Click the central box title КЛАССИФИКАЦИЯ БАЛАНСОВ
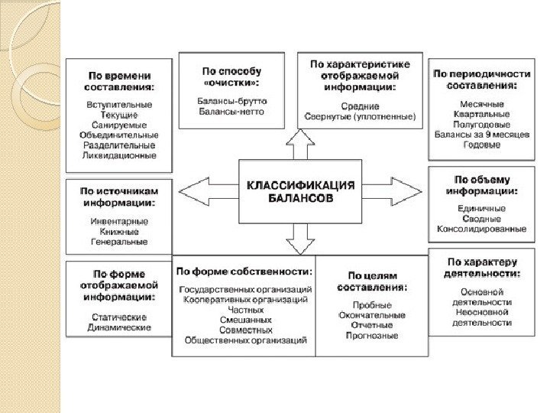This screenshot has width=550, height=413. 300,190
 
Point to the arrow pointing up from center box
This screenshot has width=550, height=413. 299,143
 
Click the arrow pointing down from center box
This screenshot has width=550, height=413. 300,237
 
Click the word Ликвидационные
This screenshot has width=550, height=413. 118,155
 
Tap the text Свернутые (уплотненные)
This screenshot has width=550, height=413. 360,117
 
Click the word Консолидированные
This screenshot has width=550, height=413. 481,229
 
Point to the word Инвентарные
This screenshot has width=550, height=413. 119,221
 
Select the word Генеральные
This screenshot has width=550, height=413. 119,241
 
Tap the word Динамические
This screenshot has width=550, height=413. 119,327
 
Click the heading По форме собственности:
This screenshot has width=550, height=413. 244,271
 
